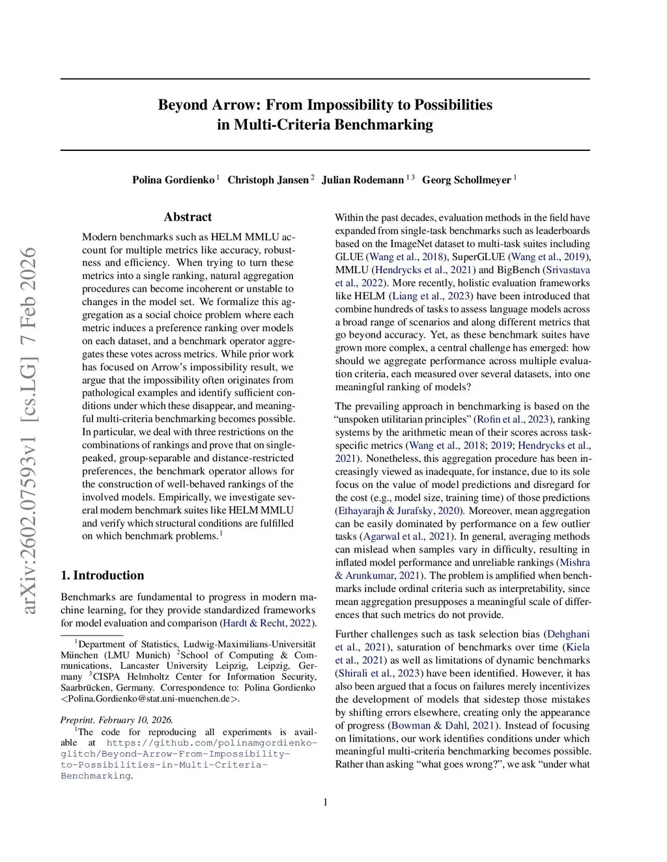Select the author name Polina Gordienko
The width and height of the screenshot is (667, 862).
(173, 180)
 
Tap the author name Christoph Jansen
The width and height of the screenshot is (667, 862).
(268, 180)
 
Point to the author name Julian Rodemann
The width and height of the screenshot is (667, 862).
(362, 180)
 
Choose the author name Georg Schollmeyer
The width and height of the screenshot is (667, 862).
(466, 180)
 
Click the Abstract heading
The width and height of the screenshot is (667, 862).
(188, 217)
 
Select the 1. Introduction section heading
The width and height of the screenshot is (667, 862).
(102, 575)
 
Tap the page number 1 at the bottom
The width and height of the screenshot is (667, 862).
(325, 802)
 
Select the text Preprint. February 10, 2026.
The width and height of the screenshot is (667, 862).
(117, 720)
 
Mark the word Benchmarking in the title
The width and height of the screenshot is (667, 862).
(383, 124)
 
